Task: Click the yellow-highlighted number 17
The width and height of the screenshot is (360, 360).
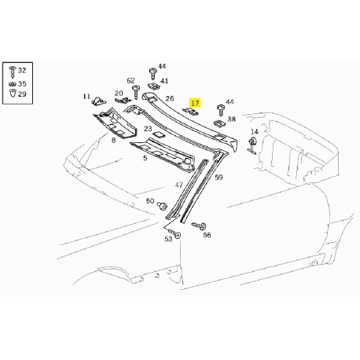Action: click(x=195, y=103)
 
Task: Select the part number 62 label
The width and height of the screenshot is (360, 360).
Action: click(x=130, y=81)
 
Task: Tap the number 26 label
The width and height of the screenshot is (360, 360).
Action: click(x=170, y=98)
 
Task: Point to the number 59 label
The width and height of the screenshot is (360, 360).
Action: click(x=219, y=178)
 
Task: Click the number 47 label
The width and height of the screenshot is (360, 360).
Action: click(x=178, y=186)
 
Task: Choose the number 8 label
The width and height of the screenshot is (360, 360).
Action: click(x=113, y=141)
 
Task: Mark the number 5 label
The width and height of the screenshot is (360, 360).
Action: click(x=145, y=158)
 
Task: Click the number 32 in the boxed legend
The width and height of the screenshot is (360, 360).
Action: click(x=22, y=70)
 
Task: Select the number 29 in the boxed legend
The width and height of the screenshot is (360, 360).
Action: click(x=22, y=94)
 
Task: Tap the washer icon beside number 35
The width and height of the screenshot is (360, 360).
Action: click(x=13, y=84)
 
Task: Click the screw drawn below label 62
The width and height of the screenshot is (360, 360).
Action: click(x=136, y=92)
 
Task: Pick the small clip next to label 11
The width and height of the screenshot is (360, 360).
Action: click(x=99, y=101)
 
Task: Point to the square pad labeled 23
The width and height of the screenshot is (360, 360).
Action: click(x=158, y=134)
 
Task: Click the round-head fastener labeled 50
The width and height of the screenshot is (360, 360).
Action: click(x=162, y=206)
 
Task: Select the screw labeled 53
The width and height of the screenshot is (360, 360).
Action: click(x=174, y=233)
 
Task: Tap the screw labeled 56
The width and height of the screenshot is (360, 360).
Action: click(x=200, y=225)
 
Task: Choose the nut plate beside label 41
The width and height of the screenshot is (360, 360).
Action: click(x=153, y=86)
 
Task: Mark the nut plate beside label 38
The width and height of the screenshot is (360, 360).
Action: click(x=219, y=123)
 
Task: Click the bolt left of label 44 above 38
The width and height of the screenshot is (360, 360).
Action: click(x=220, y=110)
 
